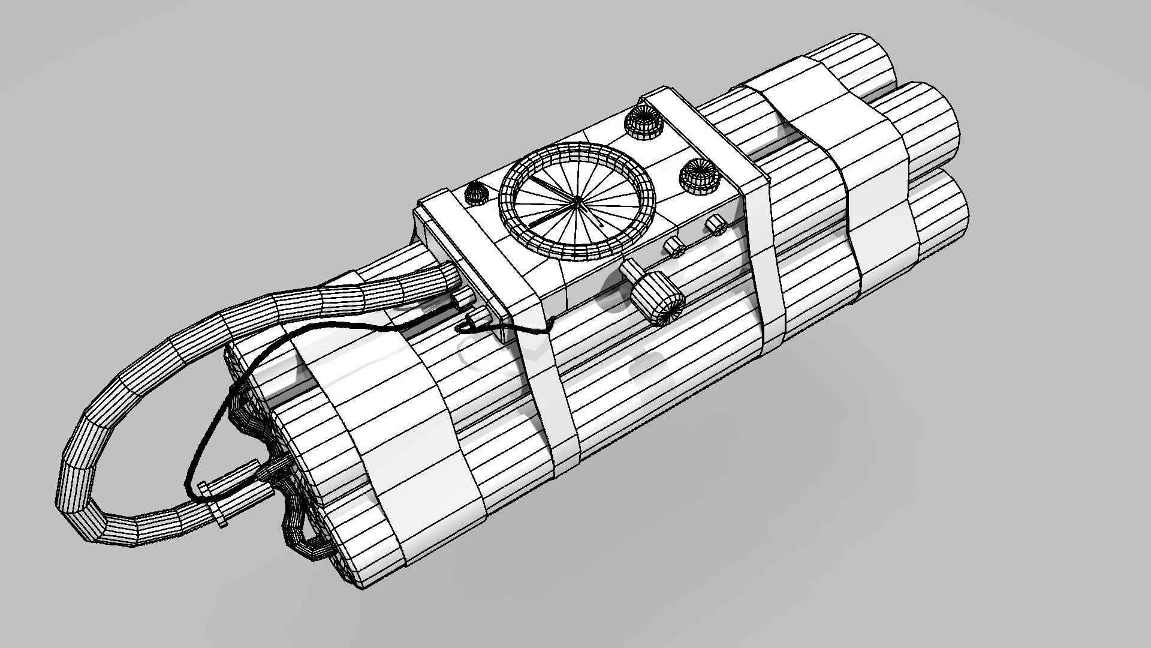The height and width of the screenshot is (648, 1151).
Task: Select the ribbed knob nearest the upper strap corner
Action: [x=642, y=124]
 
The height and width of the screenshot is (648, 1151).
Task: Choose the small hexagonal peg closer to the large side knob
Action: [x=675, y=246]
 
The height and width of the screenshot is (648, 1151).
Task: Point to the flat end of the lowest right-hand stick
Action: [x=947, y=210]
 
